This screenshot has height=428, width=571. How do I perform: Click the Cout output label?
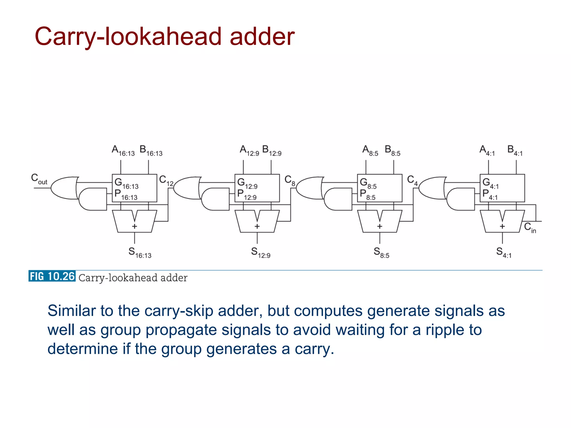39,179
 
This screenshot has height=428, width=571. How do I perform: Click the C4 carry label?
412,180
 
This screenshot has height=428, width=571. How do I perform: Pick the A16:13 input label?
123,151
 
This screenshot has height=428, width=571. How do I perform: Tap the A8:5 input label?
370,151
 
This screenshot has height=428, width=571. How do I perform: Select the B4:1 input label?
515,151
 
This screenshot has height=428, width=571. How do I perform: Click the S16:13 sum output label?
140,253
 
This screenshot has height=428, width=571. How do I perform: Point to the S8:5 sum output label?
381,253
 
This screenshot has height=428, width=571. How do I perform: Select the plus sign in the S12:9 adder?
257,226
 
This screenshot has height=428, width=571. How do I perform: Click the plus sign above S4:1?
502,226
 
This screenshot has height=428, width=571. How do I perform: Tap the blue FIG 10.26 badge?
52,276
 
